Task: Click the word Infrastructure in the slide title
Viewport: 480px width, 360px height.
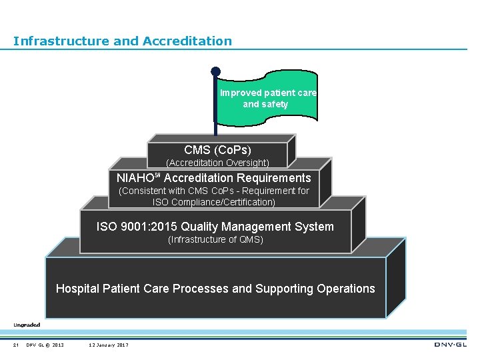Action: (x=61, y=41)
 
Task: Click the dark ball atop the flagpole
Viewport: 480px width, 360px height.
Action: (x=215, y=71)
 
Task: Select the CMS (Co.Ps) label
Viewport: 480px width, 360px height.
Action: (x=217, y=150)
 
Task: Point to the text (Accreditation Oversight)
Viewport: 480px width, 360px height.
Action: (x=217, y=163)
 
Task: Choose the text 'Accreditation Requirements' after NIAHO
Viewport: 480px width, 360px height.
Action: (x=237, y=178)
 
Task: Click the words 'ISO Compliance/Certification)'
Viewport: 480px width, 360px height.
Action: (x=213, y=202)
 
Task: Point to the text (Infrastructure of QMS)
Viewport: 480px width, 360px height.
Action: (x=215, y=239)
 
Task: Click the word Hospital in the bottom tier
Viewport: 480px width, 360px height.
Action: (x=77, y=289)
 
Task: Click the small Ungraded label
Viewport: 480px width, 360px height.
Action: (x=27, y=325)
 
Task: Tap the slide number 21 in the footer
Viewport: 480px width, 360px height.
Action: (x=15, y=345)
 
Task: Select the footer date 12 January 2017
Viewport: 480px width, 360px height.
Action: (x=109, y=345)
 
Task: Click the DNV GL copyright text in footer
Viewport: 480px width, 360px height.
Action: (x=45, y=345)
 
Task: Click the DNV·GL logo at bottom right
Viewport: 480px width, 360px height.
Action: (x=450, y=345)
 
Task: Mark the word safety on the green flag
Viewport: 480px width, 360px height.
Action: (x=275, y=105)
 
